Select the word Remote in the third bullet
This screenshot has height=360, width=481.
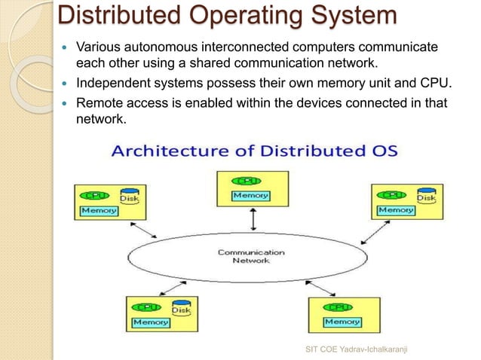pyautogui.click(x=99, y=103)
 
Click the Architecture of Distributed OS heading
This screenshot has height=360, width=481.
pyautogui.click(x=260, y=151)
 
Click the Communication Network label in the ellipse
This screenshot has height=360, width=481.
pyautogui.click(x=251, y=256)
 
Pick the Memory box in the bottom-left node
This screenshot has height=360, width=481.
pyautogui.click(x=151, y=322)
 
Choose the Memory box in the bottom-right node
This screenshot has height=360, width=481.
pyautogui.click(x=342, y=322)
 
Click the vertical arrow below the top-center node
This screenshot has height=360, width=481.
pyautogui.click(x=253, y=219)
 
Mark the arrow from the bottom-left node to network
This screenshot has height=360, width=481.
pyautogui.click(x=179, y=287)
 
